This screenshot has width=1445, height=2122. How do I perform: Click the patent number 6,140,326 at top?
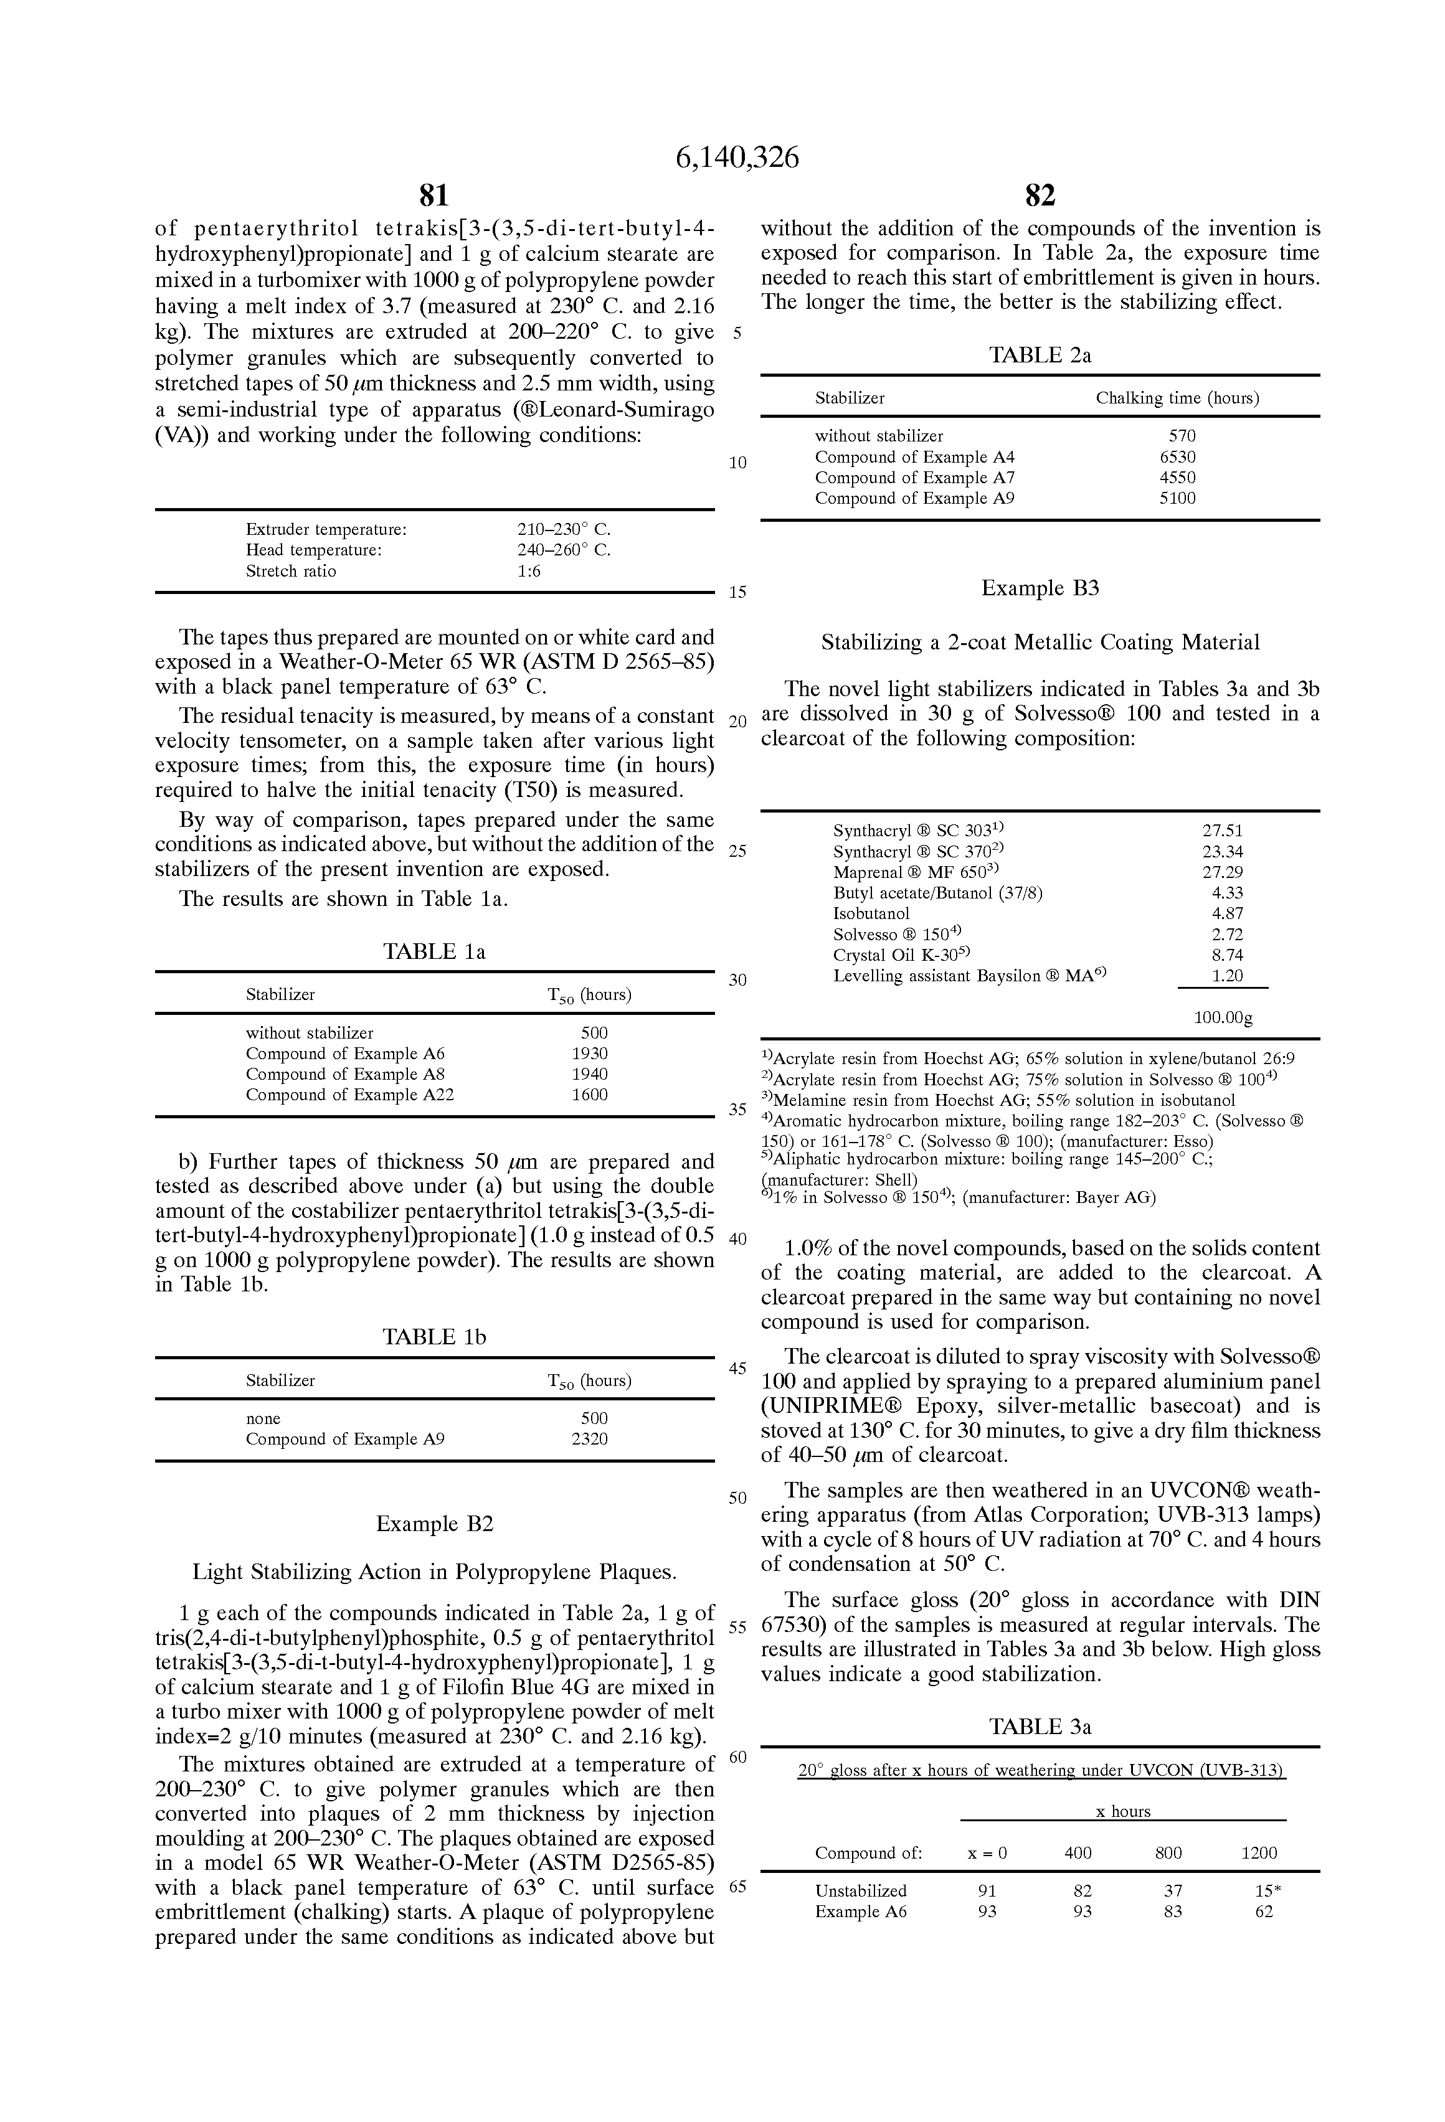coord(736,158)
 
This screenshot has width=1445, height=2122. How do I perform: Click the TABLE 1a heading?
coord(434,951)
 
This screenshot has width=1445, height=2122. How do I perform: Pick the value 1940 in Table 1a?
coord(589,1074)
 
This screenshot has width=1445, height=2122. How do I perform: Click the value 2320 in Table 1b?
coord(589,1439)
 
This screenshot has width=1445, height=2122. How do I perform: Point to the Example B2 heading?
coord(434,1524)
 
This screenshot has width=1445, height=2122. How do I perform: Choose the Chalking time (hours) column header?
coord(1177,398)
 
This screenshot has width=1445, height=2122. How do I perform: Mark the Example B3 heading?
coord(1040,588)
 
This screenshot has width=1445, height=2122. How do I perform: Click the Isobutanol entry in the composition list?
coord(871,913)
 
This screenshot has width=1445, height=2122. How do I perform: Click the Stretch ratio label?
coord(290,571)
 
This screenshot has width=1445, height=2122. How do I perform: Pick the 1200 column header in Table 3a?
coord(1259,1852)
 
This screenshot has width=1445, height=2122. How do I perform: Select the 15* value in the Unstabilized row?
coord(1267,1891)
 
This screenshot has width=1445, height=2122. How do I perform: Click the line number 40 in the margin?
coord(737,1239)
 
